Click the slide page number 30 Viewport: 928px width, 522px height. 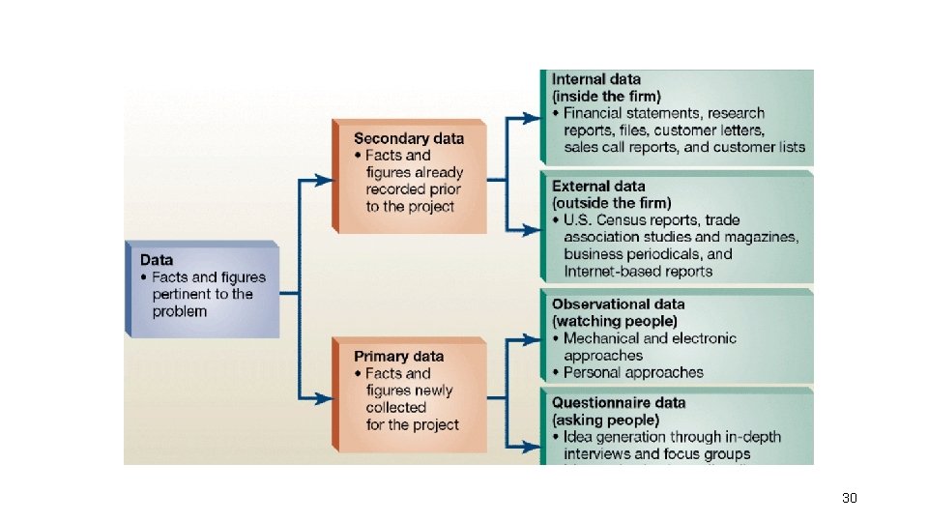point(850,498)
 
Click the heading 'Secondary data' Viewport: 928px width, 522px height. point(409,138)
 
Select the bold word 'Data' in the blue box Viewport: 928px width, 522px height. point(158,259)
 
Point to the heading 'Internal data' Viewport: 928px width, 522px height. point(596,79)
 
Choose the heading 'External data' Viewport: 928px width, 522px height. point(598,186)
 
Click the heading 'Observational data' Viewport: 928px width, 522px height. point(619,304)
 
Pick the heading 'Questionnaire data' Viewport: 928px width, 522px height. point(619,402)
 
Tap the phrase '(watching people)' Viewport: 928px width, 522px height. point(615,321)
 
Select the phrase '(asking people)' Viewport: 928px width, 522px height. point(605,420)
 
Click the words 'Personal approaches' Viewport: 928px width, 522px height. point(634,372)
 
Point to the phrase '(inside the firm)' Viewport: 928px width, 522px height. point(606,97)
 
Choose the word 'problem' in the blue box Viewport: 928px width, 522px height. point(179,311)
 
